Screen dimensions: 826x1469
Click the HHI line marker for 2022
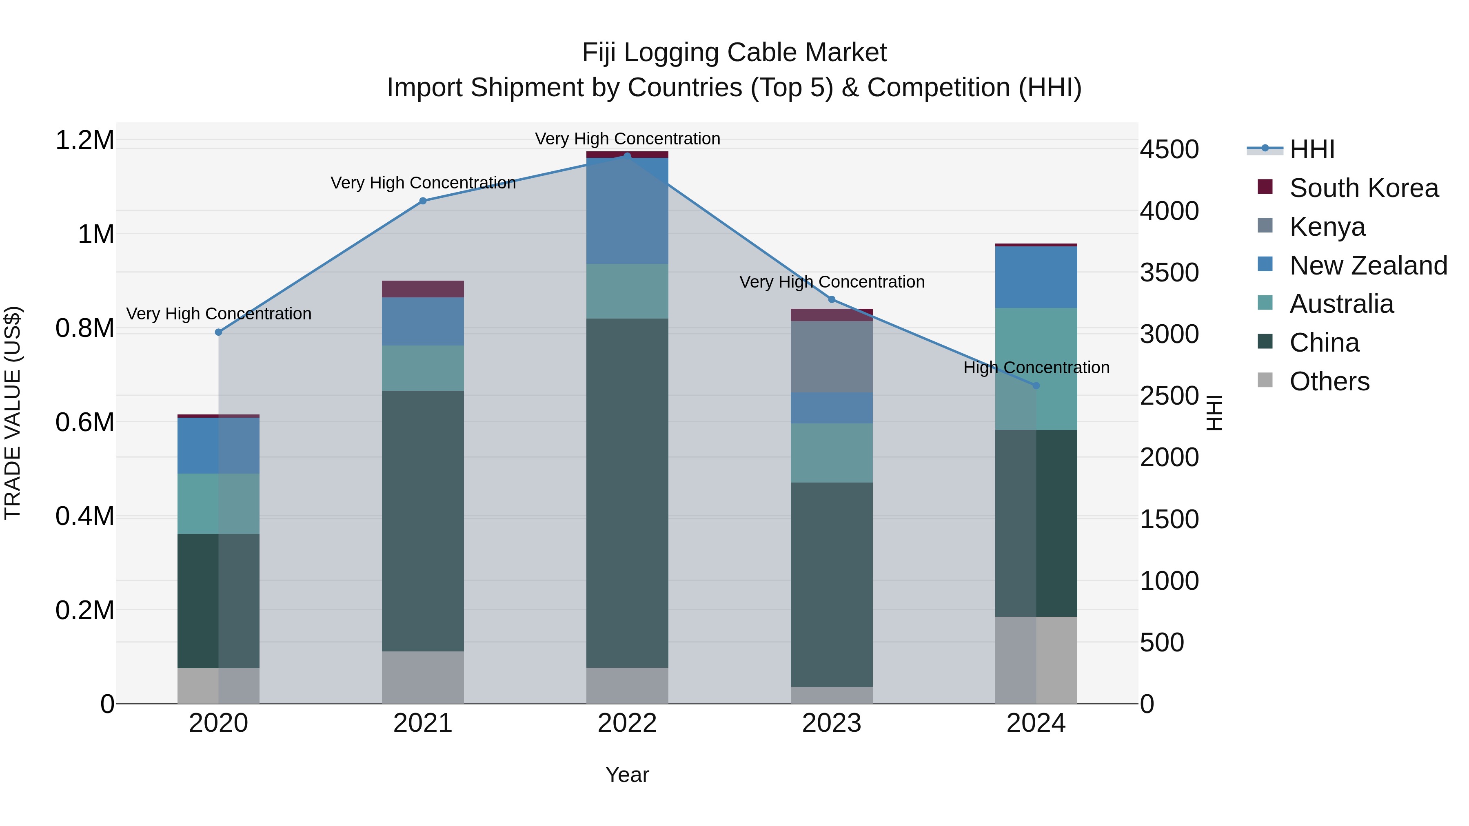(x=627, y=156)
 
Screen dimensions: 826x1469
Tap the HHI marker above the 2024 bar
(x=1036, y=385)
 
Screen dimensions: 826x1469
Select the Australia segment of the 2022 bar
(x=627, y=291)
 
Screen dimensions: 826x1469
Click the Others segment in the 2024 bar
(x=1036, y=660)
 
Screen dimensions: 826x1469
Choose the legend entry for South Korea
(x=1363, y=188)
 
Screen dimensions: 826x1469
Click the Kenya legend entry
(x=1327, y=227)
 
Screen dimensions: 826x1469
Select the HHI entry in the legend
(x=1311, y=149)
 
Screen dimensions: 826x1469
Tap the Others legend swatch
(x=1265, y=380)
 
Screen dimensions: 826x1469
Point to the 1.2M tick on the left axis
(x=85, y=140)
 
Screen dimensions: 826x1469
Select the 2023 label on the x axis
(x=832, y=723)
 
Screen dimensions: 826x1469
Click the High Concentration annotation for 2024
(x=1036, y=368)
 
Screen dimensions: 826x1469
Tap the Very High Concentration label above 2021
(x=423, y=183)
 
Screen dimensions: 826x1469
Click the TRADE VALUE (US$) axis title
(x=13, y=413)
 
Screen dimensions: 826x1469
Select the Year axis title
(x=627, y=775)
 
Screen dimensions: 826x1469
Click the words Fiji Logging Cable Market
(x=734, y=53)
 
